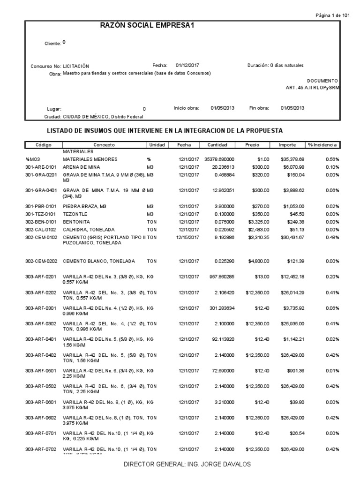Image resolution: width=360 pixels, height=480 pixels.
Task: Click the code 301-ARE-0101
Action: click(x=40, y=166)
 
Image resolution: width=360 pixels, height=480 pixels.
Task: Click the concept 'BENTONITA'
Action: click(x=76, y=221)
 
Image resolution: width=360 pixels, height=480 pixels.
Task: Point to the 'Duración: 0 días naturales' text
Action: click(x=275, y=66)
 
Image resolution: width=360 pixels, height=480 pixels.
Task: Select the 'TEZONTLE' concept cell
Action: click(x=75, y=213)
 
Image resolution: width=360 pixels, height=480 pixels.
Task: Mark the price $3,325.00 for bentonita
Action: click(x=259, y=221)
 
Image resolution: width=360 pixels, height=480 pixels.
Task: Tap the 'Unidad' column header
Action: click(x=157, y=145)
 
